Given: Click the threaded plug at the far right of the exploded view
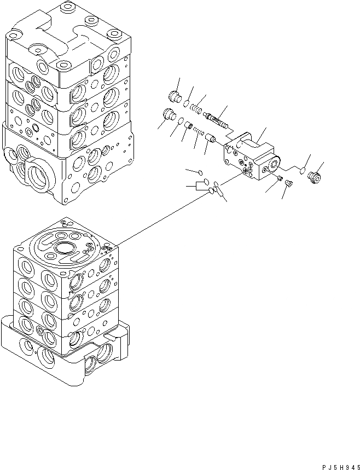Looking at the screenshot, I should coord(315,178).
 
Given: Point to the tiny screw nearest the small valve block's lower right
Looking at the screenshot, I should coord(280,178).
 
